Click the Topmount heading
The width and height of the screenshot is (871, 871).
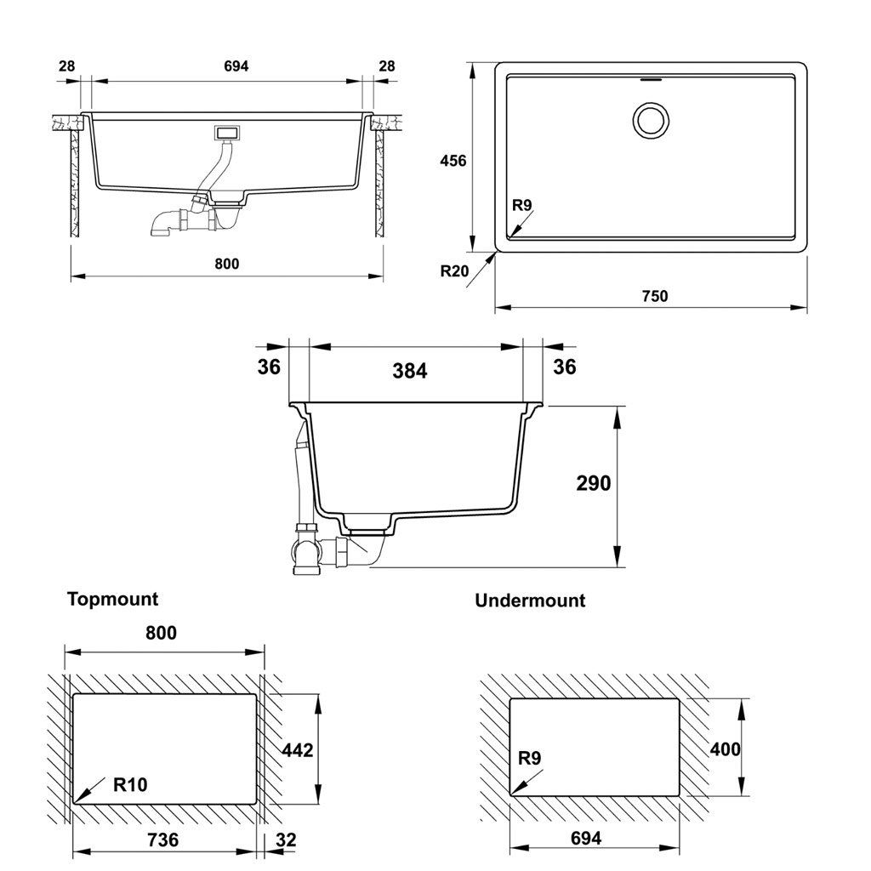[x=113, y=600]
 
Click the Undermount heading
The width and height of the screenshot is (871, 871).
[x=530, y=601]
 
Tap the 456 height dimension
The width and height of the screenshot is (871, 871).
[x=453, y=161]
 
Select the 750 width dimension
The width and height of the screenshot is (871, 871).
[x=655, y=296]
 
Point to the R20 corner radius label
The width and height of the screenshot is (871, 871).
[x=454, y=271]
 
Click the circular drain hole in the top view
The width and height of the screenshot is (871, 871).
[x=651, y=121]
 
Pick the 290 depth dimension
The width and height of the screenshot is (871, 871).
[x=593, y=483]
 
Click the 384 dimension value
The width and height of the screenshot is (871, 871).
[x=410, y=371]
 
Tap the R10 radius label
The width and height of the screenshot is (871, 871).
[x=130, y=784]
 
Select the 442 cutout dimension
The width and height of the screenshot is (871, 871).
[x=298, y=750]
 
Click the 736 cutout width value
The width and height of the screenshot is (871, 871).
[x=162, y=840]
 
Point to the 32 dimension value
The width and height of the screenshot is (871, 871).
[x=286, y=840]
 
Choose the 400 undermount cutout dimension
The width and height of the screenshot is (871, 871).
[x=725, y=749]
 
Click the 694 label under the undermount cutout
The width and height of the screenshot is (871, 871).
[x=586, y=838]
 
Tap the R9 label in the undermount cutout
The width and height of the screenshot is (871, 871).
[x=529, y=758]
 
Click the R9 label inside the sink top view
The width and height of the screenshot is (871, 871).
[x=522, y=206]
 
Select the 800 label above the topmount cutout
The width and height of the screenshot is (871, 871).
[x=161, y=633]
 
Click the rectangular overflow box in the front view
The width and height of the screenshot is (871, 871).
[x=228, y=134]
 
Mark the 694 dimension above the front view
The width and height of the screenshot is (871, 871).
[x=236, y=66]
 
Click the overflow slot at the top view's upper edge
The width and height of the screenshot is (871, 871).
[x=651, y=79]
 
